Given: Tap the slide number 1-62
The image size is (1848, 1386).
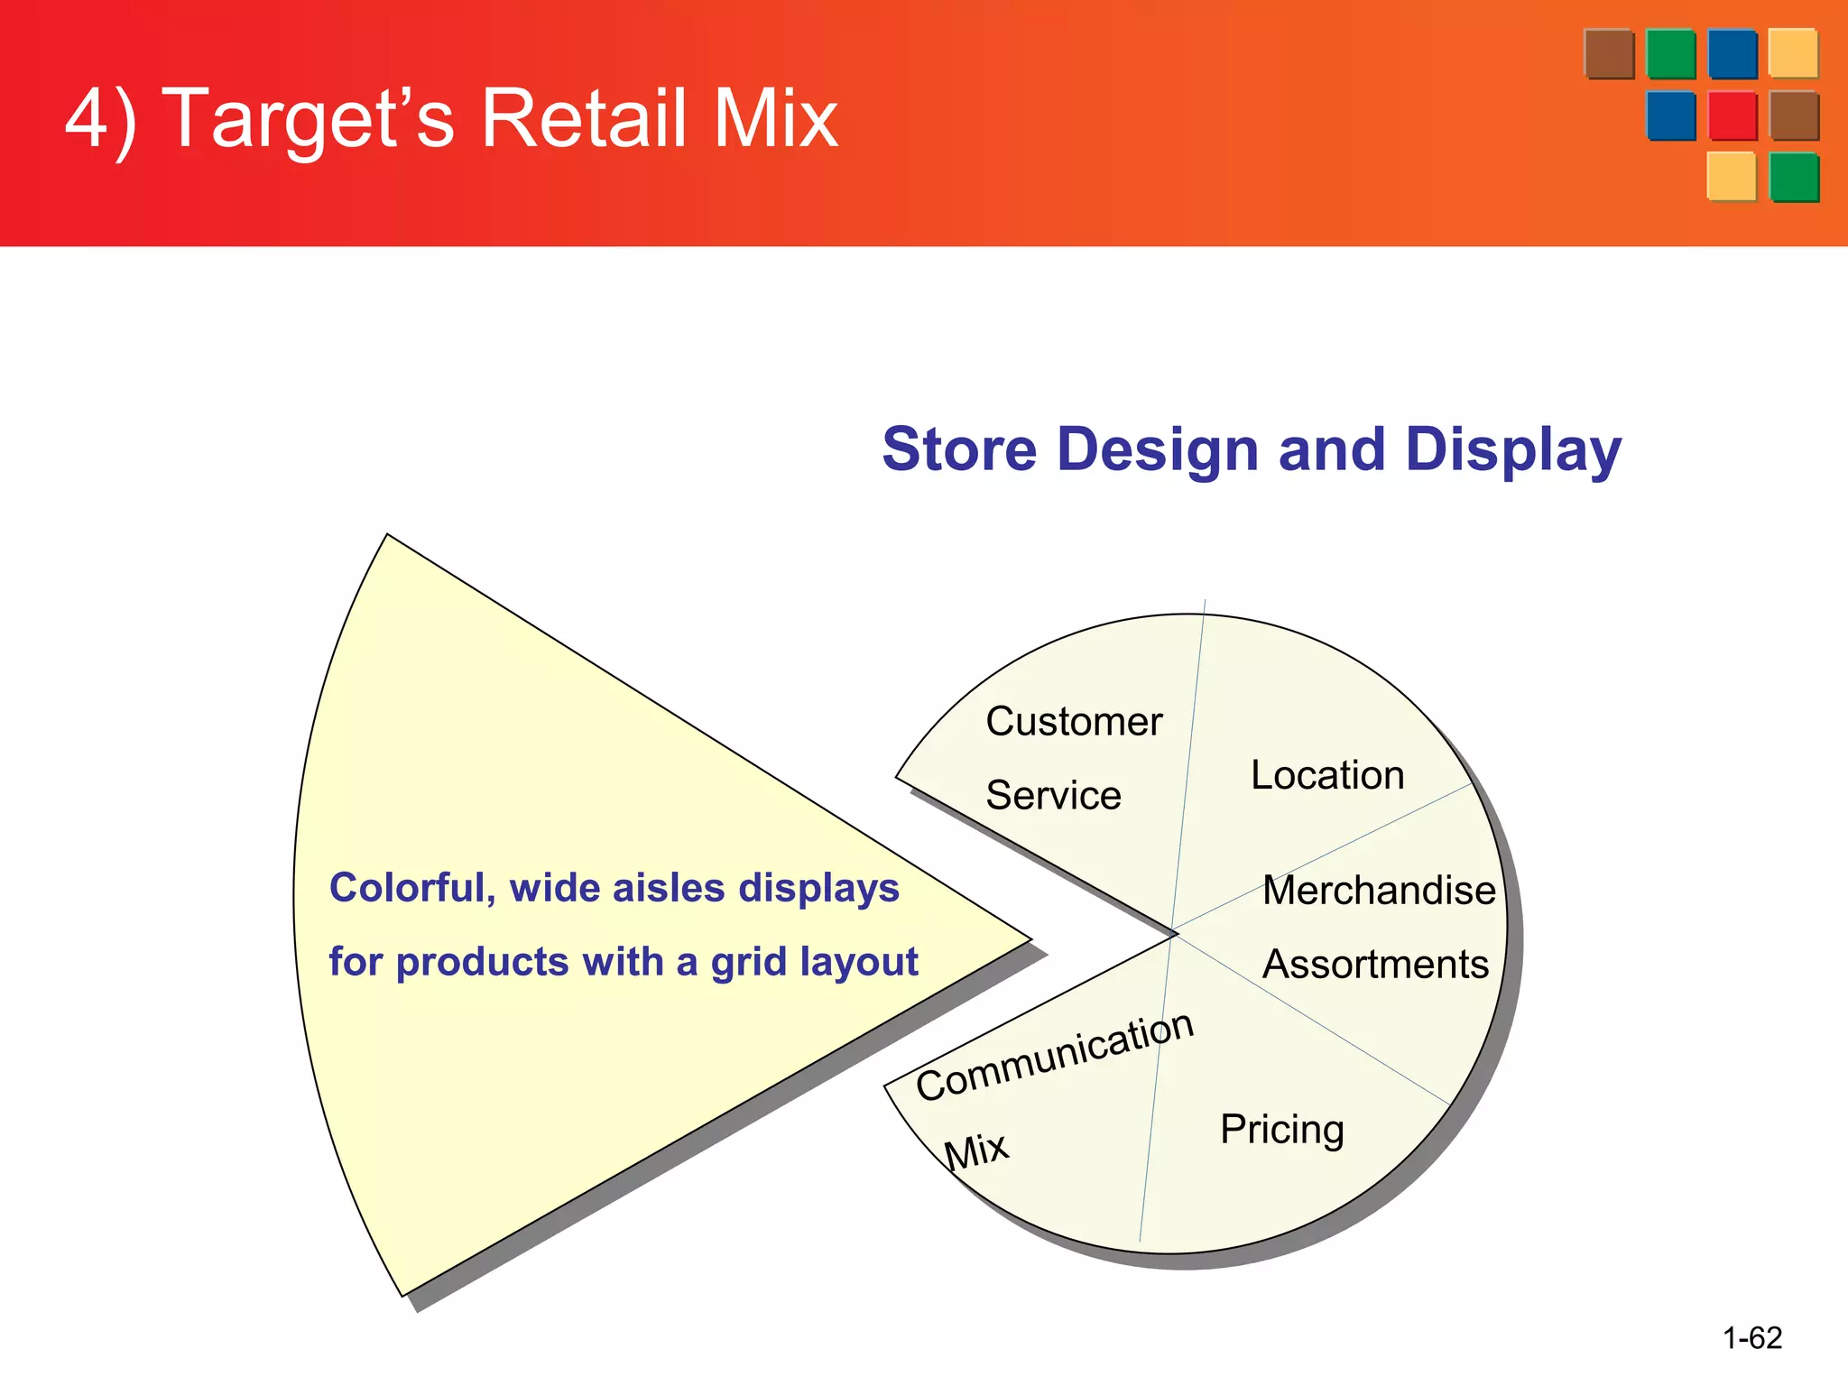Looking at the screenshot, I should [1752, 1337].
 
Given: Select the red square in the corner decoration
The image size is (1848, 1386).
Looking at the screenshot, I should [1732, 115].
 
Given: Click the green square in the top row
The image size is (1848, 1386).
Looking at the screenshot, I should [1670, 54].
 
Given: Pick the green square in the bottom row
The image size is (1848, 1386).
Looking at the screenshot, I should [1794, 177].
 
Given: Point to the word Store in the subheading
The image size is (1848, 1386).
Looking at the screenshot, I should [959, 449].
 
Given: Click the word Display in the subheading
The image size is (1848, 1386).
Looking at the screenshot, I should [1513, 449].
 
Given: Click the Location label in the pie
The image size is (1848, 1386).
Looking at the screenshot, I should [1327, 775].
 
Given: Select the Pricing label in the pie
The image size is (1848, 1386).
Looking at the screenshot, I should [1282, 1129].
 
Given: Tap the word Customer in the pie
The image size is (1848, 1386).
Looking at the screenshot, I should [1074, 721].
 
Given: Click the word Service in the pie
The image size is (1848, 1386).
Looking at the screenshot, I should [1053, 795].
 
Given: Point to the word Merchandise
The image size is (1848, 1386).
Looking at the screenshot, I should [1379, 890].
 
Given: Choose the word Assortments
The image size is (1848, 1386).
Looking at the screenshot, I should [1375, 964].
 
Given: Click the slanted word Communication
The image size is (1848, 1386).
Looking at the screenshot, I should [1055, 1056].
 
